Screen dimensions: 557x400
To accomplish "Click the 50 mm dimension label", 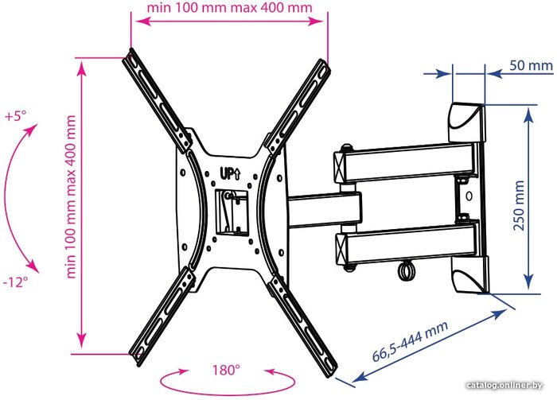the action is tap(531, 66).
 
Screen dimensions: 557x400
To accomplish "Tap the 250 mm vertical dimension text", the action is tap(519, 205).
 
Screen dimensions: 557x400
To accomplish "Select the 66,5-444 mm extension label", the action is tap(410, 341).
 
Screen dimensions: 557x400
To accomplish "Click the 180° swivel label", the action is tap(226, 371).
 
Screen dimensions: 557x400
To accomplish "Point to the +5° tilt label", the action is tap(16, 116).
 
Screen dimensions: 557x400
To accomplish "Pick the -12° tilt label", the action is tap(15, 282).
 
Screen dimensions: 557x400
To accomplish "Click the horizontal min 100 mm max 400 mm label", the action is tap(229, 7).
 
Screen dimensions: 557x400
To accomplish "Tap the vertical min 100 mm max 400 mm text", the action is tap(71, 196).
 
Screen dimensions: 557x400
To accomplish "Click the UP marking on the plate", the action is tap(230, 173).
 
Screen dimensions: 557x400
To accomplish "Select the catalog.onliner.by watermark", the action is tap(504, 385).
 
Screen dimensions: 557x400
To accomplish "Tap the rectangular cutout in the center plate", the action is tap(232, 212).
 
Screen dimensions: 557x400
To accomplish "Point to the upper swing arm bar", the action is tap(405, 163).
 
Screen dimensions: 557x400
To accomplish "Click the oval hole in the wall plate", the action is tap(469, 196).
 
